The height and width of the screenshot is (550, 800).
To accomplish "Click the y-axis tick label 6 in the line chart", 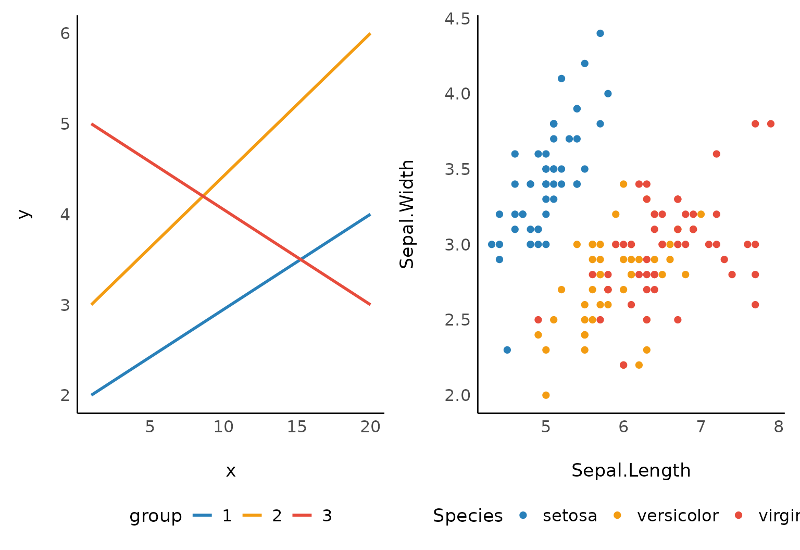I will (65, 33).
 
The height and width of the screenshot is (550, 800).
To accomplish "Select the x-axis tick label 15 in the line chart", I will (297, 427).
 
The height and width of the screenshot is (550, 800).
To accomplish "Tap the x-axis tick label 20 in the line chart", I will (370, 427).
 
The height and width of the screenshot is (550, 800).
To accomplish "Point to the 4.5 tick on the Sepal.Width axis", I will (457, 19).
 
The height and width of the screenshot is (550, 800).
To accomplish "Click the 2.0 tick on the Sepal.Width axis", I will (457, 395).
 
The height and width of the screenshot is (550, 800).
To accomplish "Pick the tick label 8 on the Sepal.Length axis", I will (778, 427).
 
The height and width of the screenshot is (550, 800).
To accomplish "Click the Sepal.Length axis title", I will (631, 470).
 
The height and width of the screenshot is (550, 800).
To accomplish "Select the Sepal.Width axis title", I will (407, 214).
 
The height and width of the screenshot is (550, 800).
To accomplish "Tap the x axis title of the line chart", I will (231, 471).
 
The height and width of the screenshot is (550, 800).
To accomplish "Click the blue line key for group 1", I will (202, 516).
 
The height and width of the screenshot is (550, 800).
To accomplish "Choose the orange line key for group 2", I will (252, 516).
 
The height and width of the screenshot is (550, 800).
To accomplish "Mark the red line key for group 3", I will (302, 516).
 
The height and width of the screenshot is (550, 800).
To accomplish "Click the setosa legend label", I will (570, 516).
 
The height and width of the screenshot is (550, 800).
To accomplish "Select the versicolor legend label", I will (678, 516).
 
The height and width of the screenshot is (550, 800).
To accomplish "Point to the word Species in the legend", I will (468, 516).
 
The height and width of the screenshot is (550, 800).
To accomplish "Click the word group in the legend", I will (156, 516).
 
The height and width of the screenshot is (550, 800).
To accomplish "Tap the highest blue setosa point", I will (600, 33).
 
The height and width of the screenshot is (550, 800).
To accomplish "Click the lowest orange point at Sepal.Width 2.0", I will (546, 395).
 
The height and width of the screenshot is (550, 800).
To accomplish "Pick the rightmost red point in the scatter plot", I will (771, 124).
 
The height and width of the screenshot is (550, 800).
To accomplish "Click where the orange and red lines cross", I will (202, 196).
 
